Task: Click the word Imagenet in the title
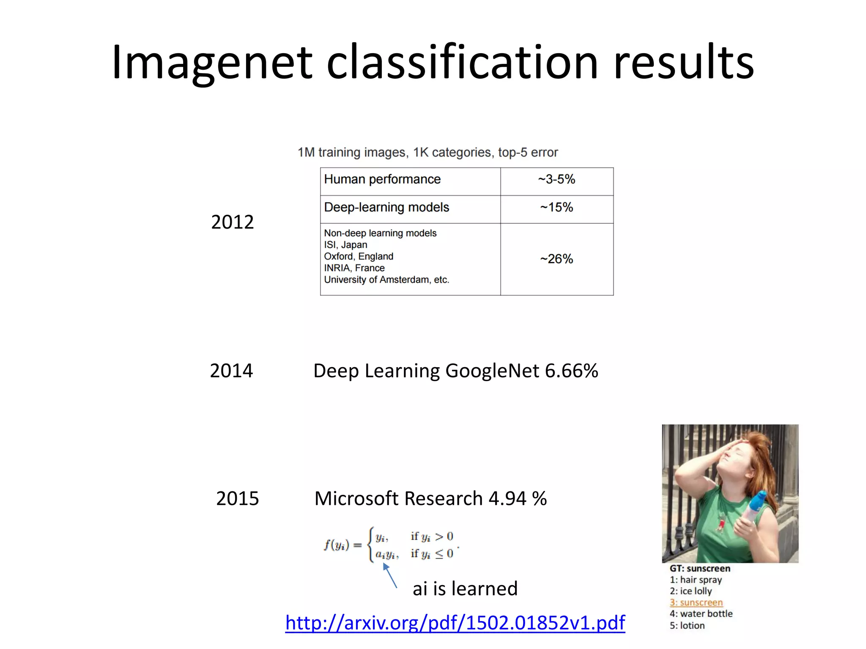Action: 211,63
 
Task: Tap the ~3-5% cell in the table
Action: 556,180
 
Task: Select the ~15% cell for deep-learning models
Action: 556,207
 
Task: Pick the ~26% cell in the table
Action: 556,259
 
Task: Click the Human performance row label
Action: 382,180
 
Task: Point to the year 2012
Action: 232,222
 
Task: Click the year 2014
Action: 231,371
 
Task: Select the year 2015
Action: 237,499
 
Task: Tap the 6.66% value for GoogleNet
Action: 571,371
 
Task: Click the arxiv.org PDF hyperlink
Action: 455,622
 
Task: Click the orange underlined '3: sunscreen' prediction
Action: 696,603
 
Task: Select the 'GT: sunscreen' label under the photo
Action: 700,569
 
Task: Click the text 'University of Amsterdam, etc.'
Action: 386,280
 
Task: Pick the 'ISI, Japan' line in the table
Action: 345,245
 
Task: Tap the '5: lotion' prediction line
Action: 687,626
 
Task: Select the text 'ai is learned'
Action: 465,589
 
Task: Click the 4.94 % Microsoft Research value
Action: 518,499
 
